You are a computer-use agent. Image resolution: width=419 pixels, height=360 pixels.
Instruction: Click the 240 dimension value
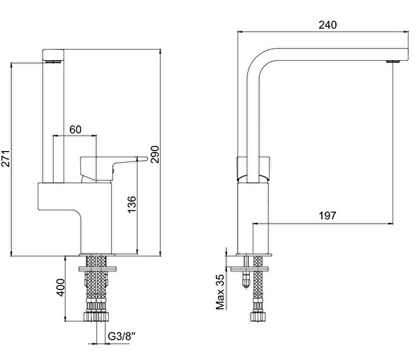coord(328,25)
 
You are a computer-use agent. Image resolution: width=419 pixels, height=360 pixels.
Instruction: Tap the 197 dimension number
coord(328,215)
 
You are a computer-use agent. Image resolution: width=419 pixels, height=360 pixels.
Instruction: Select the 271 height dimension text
coord(6,159)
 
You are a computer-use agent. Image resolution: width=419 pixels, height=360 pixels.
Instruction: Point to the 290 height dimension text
coord(155,154)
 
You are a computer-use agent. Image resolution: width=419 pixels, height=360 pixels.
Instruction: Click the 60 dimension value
coord(75,129)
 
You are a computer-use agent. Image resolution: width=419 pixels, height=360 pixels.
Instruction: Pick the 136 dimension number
coord(132,204)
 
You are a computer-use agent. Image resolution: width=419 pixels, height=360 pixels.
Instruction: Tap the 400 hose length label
coord(61,287)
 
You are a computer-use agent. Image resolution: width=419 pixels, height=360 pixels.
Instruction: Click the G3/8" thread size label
coord(122,336)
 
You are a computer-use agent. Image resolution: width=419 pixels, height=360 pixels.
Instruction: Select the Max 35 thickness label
coord(220,291)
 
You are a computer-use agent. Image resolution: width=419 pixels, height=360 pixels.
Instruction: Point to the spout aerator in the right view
coord(392,62)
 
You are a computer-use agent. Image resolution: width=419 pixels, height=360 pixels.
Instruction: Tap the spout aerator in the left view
coord(53,62)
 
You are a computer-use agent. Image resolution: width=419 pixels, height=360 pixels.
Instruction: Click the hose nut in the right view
coord(258,317)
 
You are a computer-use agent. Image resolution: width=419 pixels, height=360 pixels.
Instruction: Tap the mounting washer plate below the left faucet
coord(98,268)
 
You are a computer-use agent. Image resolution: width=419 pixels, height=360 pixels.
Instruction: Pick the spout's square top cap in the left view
coord(54,55)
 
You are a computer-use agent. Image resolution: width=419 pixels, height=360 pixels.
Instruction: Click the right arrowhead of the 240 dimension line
coord(406,31)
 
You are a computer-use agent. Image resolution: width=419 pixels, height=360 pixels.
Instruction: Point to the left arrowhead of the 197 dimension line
coord(256,223)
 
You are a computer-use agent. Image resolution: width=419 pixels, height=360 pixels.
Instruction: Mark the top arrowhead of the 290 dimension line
coord(160,52)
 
